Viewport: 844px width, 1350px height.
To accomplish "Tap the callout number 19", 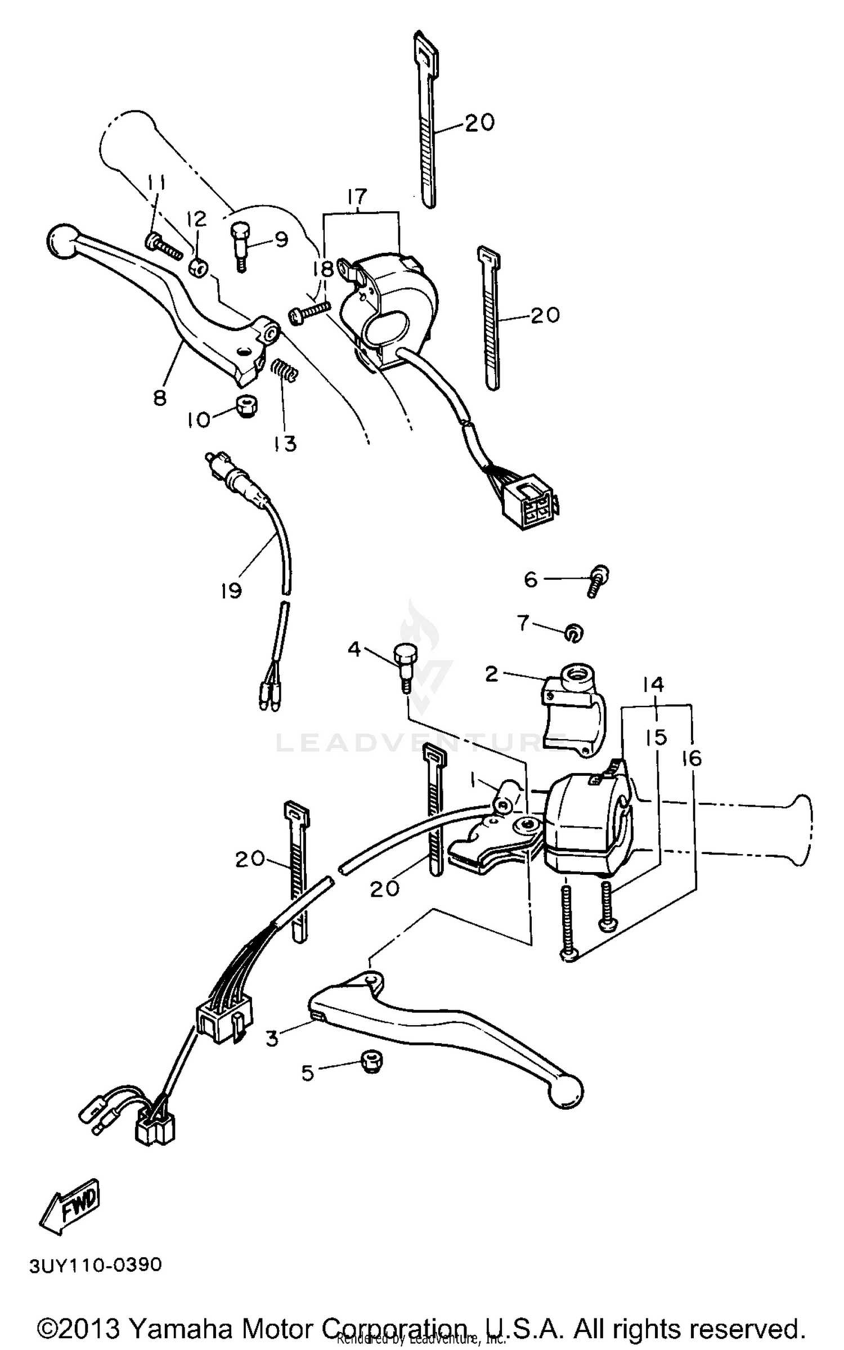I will [x=231, y=591].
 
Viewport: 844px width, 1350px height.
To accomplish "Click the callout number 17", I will [x=357, y=196].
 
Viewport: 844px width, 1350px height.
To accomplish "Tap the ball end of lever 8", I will [x=61, y=243].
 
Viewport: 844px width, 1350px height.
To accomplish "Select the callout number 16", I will [x=692, y=759].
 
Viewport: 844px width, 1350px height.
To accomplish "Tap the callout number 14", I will [x=654, y=685].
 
